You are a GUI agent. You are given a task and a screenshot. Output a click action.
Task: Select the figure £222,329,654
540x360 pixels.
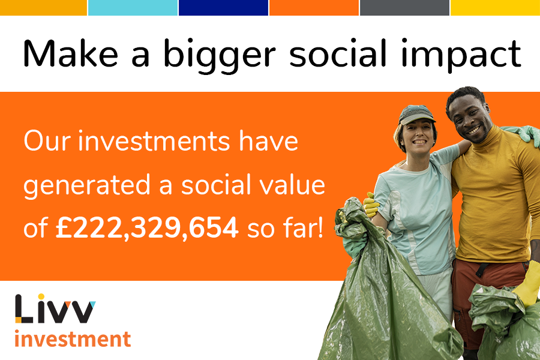click(x=146, y=229)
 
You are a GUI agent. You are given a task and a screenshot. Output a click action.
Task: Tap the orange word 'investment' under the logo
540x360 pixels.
click(x=72, y=339)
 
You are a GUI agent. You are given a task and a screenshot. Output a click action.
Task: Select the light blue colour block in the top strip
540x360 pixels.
click(x=133, y=7)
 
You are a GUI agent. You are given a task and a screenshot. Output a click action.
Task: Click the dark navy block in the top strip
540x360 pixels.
click(x=223, y=7)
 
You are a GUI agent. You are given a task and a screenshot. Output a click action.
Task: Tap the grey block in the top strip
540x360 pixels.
click(x=404, y=7)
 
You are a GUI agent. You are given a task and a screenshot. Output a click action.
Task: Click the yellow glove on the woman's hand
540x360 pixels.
click(x=371, y=205)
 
